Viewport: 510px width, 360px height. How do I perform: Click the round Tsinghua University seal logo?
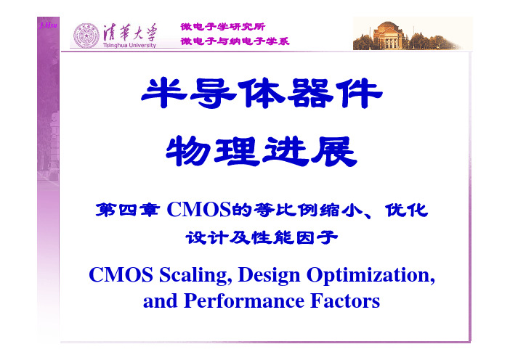(86, 36)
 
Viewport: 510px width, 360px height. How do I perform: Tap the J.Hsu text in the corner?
(48, 25)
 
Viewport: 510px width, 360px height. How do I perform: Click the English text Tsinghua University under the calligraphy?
(129, 45)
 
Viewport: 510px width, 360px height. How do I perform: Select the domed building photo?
(407, 35)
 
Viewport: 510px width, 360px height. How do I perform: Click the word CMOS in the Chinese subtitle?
(199, 210)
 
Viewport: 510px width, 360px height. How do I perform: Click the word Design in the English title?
(269, 276)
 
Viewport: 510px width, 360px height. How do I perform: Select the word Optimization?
(371, 276)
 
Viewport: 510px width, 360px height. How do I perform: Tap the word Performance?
(244, 301)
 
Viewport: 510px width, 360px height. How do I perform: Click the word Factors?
(345, 301)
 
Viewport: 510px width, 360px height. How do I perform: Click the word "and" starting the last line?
(161, 301)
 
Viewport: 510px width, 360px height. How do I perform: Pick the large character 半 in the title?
(164, 93)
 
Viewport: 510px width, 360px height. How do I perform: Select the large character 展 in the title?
(334, 151)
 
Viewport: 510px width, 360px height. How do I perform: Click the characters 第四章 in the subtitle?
(128, 210)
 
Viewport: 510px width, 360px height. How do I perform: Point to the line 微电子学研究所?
(223, 27)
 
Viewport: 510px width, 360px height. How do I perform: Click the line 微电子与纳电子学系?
(235, 41)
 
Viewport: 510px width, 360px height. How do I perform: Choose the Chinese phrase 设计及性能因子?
(262, 237)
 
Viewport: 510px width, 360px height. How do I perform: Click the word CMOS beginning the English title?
(121, 275)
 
